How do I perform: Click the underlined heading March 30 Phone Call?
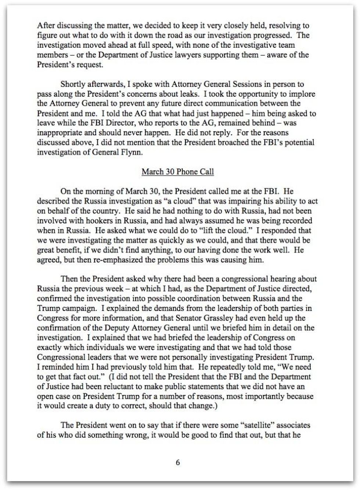pos(177,172)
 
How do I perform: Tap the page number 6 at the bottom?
pos(178,462)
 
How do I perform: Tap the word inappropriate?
pos(57,133)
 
